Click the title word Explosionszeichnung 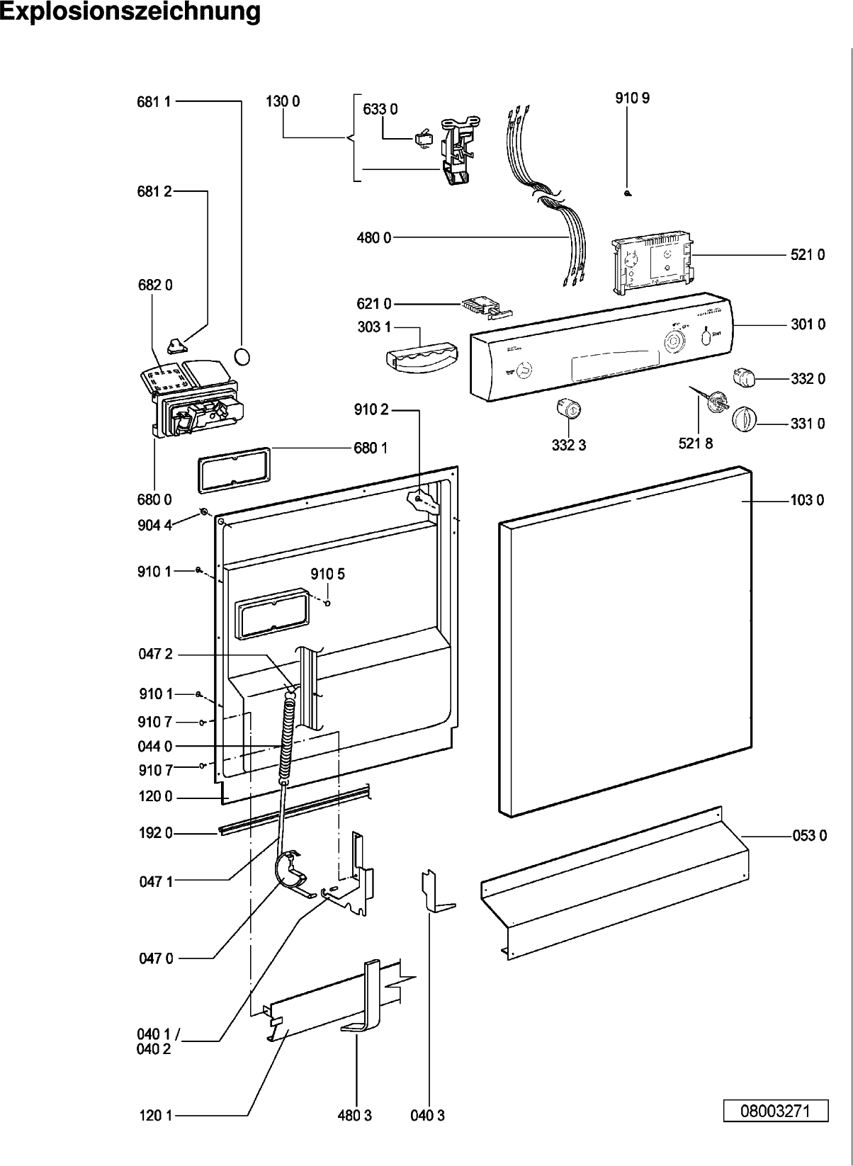pos(130,12)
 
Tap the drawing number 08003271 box pos(776,1111)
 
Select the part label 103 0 pos(807,501)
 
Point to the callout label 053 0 pos(809,836)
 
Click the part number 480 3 pos(355,1116)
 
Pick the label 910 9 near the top pos(632,98)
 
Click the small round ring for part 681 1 pos(242,356)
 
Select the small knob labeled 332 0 pos(744,378)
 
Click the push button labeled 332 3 pos(569,409)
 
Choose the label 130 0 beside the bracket pos(283,101)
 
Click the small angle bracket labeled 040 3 pos(434,893)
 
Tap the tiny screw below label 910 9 pos(628,193)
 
